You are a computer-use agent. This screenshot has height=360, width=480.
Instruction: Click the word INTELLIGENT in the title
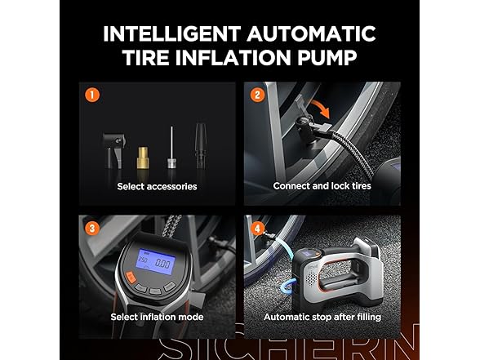click(171, 33)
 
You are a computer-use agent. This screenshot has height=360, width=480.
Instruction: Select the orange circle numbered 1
click(92, 95)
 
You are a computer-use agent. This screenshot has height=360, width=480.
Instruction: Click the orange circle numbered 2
click(257, 95)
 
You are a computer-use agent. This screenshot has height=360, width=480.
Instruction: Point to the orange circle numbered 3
click(92, 229)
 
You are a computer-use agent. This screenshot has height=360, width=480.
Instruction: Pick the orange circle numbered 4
click(257, 229)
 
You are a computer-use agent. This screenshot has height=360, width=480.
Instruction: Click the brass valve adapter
click(142, 158)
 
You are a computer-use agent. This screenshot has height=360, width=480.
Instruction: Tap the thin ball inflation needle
click(171, 148)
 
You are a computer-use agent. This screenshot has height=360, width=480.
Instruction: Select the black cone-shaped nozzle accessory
click(201, 145)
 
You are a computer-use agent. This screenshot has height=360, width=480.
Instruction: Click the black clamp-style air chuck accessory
click(113, 150)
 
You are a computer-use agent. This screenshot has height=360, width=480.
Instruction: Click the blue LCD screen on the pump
click(156, 261)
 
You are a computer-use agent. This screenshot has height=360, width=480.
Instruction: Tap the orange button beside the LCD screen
click(131, 278)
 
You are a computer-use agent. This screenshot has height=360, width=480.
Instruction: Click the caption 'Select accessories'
click(157, 186)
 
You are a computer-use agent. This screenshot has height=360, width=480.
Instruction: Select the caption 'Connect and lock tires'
click(322, 186)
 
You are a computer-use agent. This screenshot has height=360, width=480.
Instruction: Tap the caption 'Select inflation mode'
click(157, 317)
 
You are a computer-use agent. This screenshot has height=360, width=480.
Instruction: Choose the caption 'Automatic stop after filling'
click(322, 317)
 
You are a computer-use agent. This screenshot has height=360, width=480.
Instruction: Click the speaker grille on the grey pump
click(310, 278)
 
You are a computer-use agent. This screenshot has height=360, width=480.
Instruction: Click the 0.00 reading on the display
click(162, 263)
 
